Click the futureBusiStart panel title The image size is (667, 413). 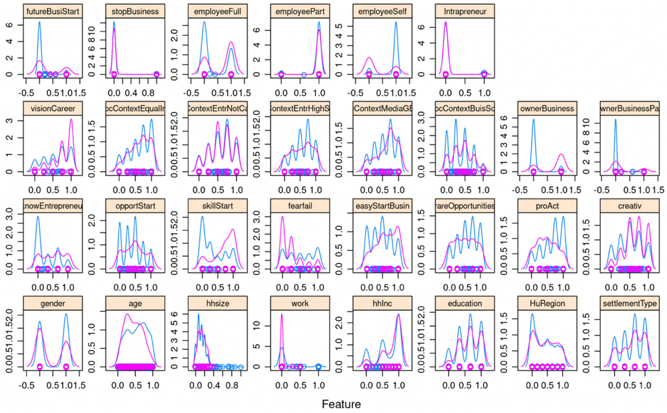[53, 12]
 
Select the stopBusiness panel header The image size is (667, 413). [135, 12]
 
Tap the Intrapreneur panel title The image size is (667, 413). [465, 12]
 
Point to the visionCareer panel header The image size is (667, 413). [53, 109]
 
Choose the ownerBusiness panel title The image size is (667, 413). [547, 109]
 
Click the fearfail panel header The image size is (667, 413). [300, 206]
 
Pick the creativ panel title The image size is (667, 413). [630, 206]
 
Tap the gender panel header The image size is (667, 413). [53, 303]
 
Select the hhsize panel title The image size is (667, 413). [218, 303]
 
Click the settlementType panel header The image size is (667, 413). [630, 303]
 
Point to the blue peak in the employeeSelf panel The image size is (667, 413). [396, 22]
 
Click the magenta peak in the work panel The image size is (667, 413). [282, 314]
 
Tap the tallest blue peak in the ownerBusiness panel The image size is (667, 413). [533, 119]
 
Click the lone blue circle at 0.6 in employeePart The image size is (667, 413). [304, 74]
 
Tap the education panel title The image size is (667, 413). [465, 303]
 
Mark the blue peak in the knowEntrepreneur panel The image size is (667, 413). [38, 217]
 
